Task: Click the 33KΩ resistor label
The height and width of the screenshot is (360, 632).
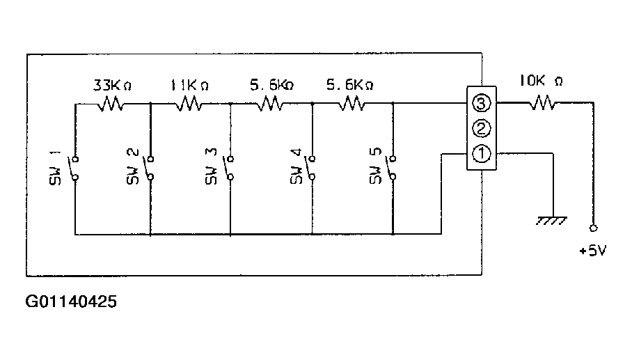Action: coord(113,85)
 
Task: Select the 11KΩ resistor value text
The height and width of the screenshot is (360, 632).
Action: coord(189,85)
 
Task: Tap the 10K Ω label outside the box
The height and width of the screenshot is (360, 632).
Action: coord(541,81)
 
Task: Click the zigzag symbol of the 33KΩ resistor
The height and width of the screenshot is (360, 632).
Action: coord(111,104)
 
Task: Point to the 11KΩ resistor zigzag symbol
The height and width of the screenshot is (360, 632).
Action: coord(189,104)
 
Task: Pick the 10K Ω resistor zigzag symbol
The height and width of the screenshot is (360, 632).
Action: coord(542,102)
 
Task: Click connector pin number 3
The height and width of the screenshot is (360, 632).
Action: coord(481,104)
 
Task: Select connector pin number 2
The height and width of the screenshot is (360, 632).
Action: coord(481,129)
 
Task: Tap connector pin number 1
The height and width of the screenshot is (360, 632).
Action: coord(481,154)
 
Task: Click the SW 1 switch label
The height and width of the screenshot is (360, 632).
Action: coord(55,168)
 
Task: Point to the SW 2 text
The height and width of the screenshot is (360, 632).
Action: coord(133,166)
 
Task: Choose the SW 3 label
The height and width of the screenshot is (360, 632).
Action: coord(211,166)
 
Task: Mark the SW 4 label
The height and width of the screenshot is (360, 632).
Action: coord(296,166)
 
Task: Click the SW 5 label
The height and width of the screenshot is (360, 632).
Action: coord(375,166)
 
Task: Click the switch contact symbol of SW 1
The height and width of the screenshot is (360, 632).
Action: coord(74,168)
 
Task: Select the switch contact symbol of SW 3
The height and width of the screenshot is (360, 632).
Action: coord(229,168)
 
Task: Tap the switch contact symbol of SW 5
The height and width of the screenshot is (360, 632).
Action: coord(392,168)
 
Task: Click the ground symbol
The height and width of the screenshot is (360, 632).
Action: coord(552,221)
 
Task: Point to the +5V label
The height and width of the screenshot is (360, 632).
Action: coord(593,251)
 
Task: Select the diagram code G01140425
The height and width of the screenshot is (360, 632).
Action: coord(71,302)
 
